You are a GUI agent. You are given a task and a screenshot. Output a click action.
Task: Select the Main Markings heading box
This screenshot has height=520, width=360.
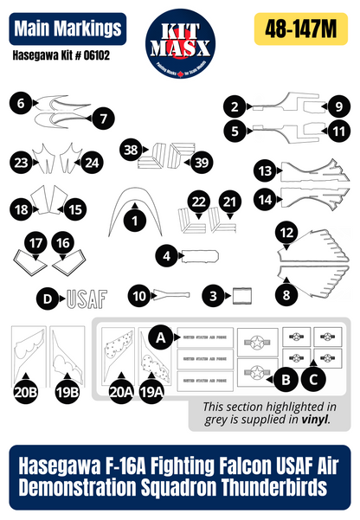coord(67,29)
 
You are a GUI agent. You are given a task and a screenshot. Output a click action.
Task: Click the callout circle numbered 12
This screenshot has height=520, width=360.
coord(286,233)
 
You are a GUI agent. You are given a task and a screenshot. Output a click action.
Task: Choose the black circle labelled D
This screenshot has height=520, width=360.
coord(49,299)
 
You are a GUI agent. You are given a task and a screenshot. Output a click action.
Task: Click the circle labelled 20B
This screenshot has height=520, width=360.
coord(27,392)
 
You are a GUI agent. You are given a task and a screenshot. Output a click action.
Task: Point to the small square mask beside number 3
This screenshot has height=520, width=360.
coord(242,297)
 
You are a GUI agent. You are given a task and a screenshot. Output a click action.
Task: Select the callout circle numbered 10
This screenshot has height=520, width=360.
coord(139,296)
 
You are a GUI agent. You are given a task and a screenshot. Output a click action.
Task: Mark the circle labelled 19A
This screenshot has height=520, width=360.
coord(151,391)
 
